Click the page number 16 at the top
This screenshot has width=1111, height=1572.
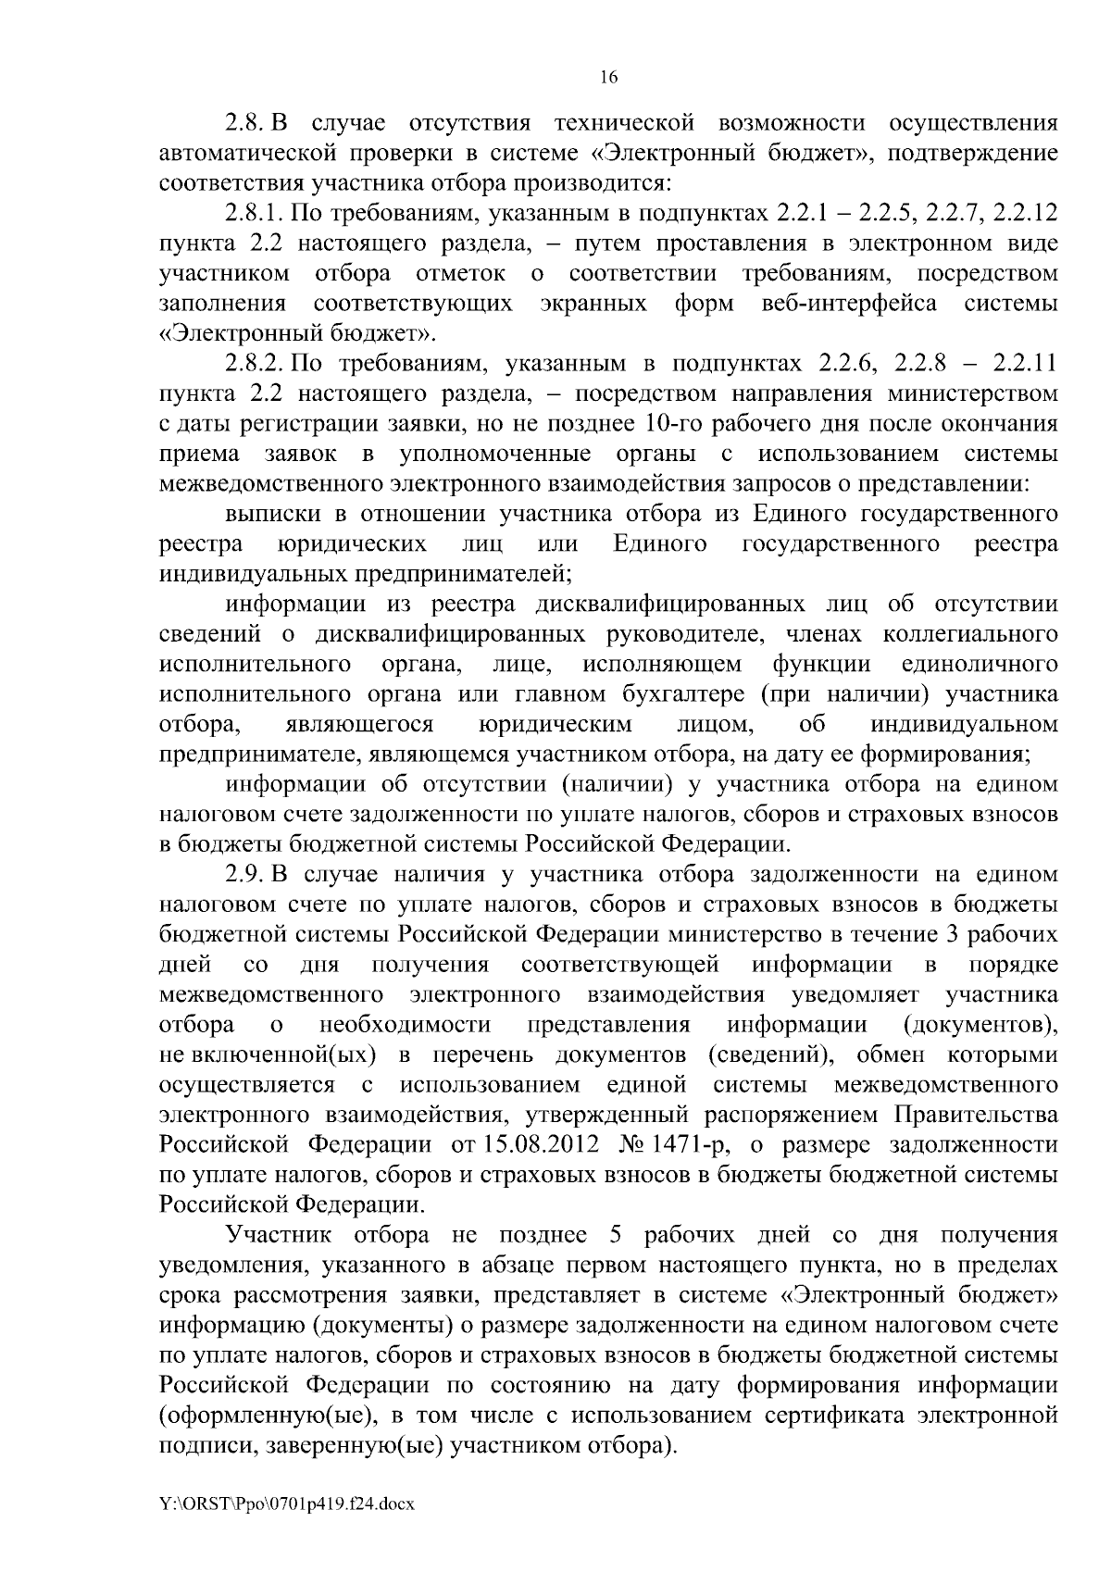(x=607, y=78)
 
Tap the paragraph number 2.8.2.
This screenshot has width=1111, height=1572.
(x=256, y=363)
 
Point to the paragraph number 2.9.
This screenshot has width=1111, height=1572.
(x=244, y=875)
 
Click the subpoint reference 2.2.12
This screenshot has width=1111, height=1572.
(x=1024, y=214)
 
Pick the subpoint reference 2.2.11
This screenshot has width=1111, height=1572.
(x=1024, y=363)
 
